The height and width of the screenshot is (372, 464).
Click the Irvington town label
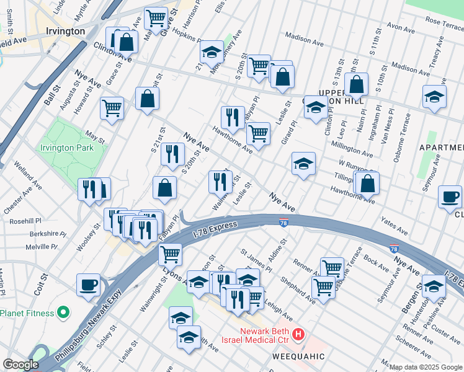tap(65, 31)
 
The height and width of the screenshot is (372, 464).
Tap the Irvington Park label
tap(66, 148)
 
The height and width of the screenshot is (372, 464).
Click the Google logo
tap(20, 365)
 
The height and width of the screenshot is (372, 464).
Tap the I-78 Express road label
tap(215, 228)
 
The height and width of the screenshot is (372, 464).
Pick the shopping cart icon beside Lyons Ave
tap(169, 254)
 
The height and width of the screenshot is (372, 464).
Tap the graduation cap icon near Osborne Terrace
tap(434, 97)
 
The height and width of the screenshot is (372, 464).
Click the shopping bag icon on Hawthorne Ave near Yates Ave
tap(367, 183)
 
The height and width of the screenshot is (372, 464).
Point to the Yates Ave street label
tap(395, 228)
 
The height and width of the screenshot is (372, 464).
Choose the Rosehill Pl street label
tap(25, 221)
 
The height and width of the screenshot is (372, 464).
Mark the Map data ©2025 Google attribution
tap(426, 367)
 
